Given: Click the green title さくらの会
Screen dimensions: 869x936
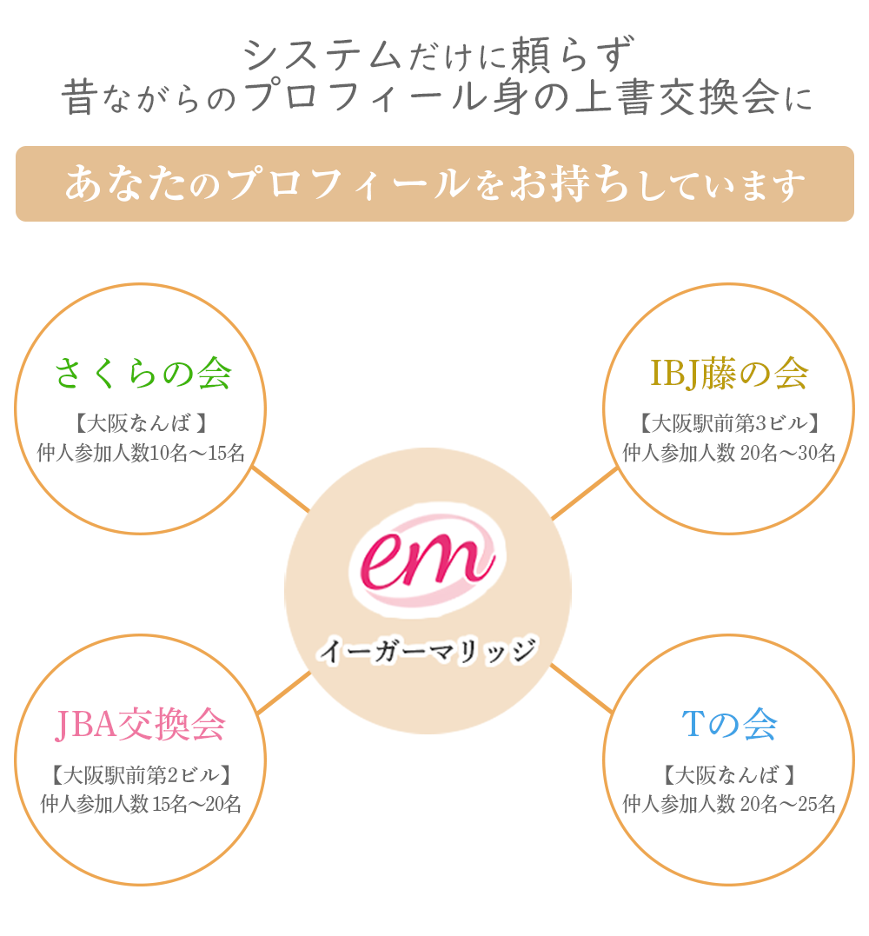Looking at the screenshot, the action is (x=143, y=374).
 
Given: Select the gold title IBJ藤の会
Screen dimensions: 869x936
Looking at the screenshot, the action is (x=729, y=374).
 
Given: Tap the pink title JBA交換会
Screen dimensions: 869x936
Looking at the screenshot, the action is (x=140, y=725).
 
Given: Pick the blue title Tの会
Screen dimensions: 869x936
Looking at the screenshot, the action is (x=729, y=724).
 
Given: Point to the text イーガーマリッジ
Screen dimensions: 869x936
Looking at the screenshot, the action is (x=428, y=651).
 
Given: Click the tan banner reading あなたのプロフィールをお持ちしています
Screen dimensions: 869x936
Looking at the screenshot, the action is (x=434, y=184).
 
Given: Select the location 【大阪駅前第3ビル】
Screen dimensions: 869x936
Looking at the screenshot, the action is (x=729, y=423).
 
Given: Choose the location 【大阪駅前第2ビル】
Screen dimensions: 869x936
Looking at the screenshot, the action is (x=141, y=775).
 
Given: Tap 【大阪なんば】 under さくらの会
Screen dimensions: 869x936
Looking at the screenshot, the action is (x=141, y=423).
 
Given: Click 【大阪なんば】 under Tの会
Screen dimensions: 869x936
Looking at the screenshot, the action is (x=729, y=775).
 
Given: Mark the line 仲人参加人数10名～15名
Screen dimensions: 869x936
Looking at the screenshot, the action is (x=141, y=453).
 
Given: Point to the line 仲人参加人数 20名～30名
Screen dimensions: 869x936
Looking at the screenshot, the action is (x=729, y=453).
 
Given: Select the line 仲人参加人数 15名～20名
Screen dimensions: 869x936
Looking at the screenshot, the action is (x=141, y=804).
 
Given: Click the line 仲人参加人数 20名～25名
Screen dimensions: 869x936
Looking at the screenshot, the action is (x=729, y=804).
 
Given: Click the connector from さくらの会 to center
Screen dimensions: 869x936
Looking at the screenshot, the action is (x=281, y=489).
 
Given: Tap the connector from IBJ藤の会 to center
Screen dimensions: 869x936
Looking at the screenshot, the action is (x=585, y=493).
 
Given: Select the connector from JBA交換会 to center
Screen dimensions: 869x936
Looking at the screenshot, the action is (x=284, y=693).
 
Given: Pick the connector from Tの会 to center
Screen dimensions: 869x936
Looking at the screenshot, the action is (x=581, y=687).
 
